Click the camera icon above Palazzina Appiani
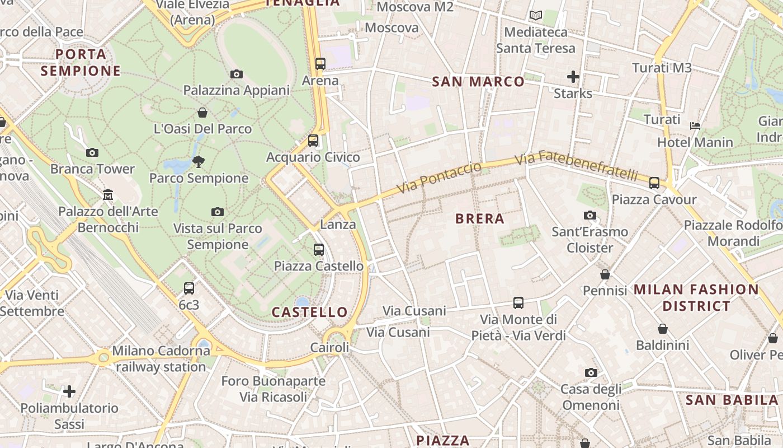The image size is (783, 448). click(237, 74)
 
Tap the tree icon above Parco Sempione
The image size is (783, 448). click(198, 162)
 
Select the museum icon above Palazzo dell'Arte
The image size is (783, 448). click(108, 195)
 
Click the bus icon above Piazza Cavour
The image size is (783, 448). click(654, 183)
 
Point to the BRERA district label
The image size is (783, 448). click(480, 219)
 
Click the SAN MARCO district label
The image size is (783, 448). click(478, 82)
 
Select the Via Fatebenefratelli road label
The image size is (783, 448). click(576, 165)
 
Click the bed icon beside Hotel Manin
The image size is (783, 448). click(695, 126)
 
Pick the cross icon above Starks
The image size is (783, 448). click(573, 77)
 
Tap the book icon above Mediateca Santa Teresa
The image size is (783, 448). click(536, 16)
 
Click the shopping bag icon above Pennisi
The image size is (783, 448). click(605, 274)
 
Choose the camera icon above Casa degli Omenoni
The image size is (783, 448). click(591, 372)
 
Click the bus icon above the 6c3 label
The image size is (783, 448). click(189, 288)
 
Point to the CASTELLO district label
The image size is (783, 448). click(310, 312)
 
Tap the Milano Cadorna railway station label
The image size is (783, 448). click(161, 359)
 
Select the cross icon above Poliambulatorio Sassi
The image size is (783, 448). click(69, 391)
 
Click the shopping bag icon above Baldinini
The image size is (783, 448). click(663, 329)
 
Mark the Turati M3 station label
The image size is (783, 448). click(662, 68)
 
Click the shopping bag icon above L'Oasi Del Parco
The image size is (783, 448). click(202, 113)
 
